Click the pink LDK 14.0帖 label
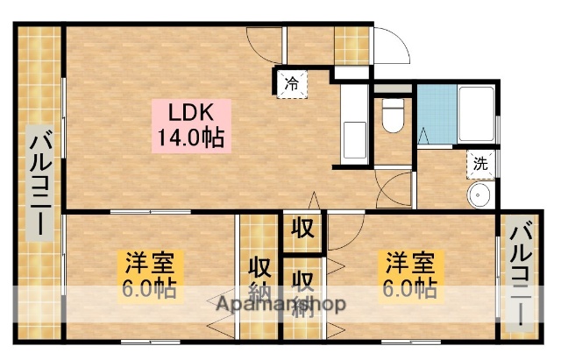(x=190, y=126)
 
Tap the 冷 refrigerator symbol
(x=290, y=84)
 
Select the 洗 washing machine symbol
(x=480, y=162)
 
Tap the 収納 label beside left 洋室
(x=259, y=278)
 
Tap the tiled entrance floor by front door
(x=351, y=45)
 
